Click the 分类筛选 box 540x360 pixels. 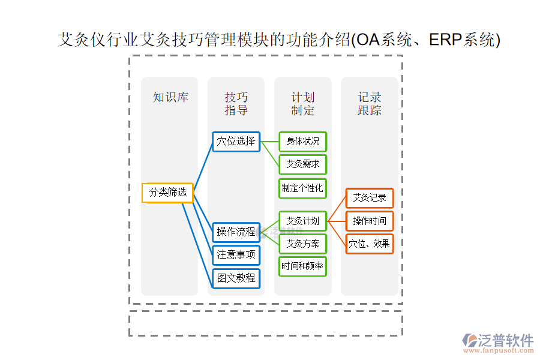168,193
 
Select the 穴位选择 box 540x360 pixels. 236,142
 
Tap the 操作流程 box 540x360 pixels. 236,232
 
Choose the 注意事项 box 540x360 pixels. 236,255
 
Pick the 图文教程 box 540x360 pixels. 236,278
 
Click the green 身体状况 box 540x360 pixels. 302,142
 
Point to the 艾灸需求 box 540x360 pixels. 302,164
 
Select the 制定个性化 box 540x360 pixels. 302,188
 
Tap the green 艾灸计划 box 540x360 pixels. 302,221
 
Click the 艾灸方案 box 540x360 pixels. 302,244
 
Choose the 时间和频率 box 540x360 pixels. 302,266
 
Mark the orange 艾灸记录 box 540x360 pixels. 369,198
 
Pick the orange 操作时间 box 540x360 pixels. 369,221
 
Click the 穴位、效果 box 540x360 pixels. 369,244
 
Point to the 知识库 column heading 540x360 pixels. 170,97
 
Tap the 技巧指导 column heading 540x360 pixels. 236,104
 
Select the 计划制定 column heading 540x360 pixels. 302,104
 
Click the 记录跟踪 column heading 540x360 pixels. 369,104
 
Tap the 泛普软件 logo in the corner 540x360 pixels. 497,343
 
